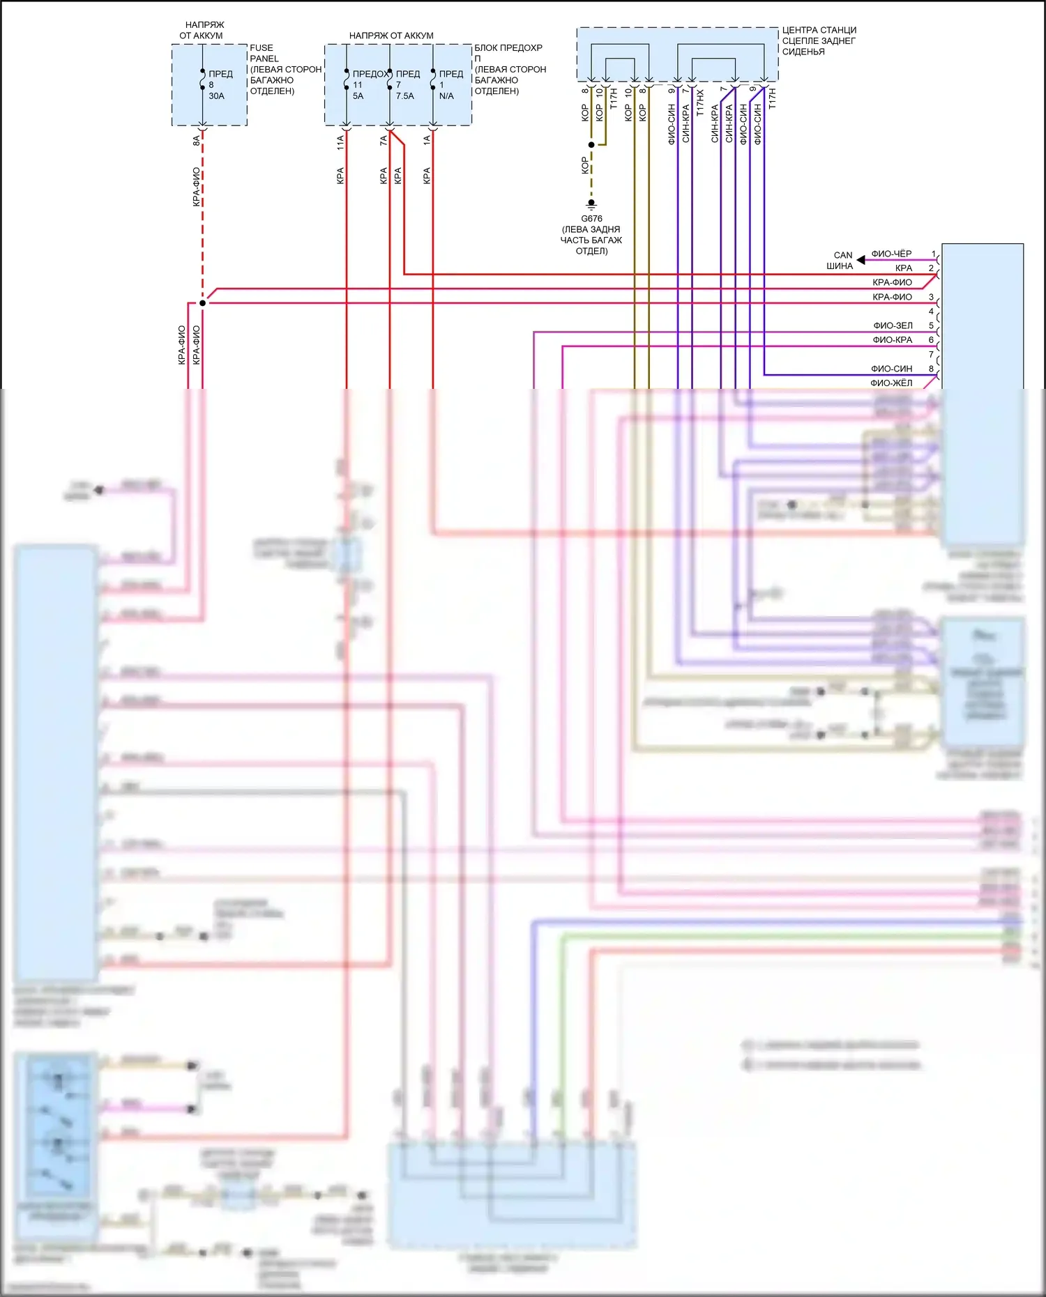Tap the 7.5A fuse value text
tap(405, 96)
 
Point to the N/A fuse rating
tap(446, 96)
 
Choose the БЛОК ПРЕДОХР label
tap(508, 48)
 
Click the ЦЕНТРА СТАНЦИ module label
tap(819, 30)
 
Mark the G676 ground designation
tap(591, 219)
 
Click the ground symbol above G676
tap(591, 205)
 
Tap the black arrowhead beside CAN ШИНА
tap(861, 260)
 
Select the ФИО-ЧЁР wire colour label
tap(891, 254)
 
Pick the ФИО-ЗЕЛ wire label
tap(893, 325)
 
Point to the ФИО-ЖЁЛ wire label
tap(891, 383)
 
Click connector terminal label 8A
tap(197, 140)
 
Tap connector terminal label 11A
tap(340, 143)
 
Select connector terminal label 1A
tap(427, 140)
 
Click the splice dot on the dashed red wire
tap(202, 303)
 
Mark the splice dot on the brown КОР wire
tap(591, 145)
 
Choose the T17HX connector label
tap(700, 102)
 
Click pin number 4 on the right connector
tap(931, 312)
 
